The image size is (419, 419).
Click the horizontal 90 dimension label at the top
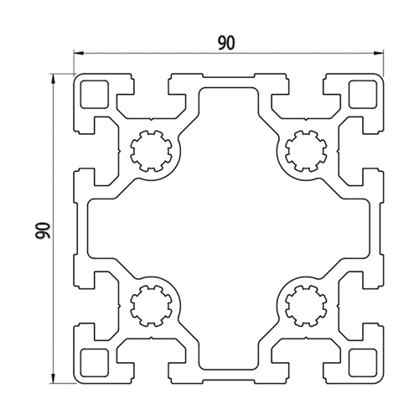tap(227, 44)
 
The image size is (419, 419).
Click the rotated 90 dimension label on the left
tap(44, 230)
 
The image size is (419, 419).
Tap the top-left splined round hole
tap(151, 151)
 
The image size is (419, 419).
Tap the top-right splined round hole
tap(306, 151)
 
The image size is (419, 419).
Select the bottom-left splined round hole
tap(151, 306)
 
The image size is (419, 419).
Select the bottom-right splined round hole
tap(306, 306)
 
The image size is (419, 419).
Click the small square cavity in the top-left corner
tap(94, 94)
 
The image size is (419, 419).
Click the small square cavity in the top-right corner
tap(363, 94)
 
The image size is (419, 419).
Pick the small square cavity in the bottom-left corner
tap(94, 363)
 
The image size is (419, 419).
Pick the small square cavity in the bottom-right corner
tap(363, 363)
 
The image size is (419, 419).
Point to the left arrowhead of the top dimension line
tap(78, 53)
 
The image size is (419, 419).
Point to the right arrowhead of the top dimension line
tap(379, 53)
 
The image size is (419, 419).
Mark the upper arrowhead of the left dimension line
tap(53, 78)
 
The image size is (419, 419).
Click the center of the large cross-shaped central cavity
tap(229, 229)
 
